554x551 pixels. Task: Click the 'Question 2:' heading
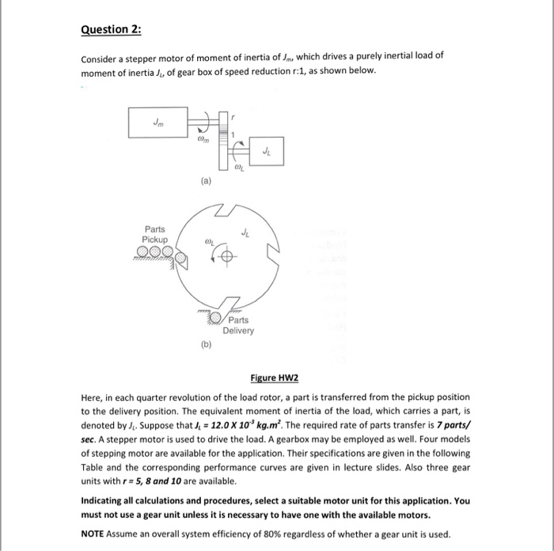(112, 29)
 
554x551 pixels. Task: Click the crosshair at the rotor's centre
(227, 258)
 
